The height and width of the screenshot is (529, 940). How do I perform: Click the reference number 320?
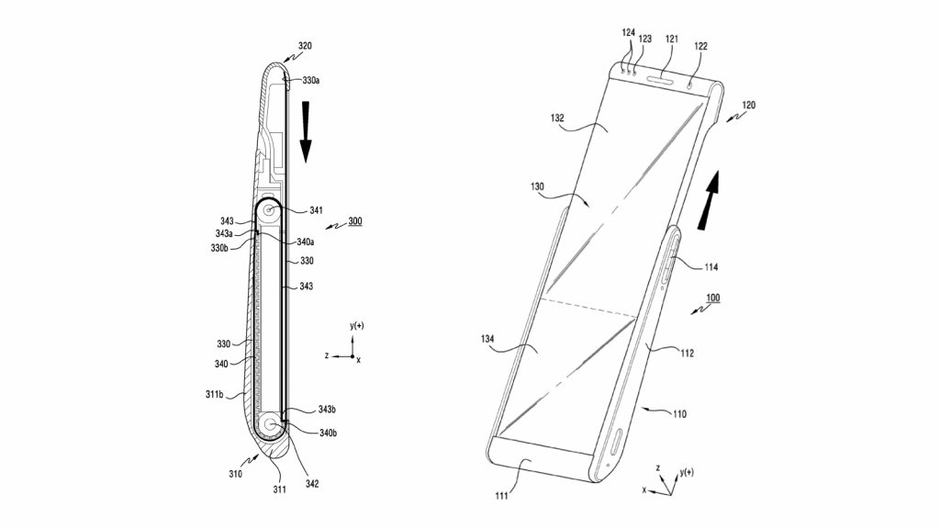click(x=305, y=46)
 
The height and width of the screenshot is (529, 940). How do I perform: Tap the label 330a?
click(x=310, y=80)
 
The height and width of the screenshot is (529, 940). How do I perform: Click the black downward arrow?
click(x=306, y=132)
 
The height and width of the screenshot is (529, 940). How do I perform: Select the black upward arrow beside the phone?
click(x=710, y=199)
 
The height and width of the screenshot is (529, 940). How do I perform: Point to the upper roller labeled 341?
click(x=269, y=210)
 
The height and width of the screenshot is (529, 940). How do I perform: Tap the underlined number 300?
click(x=355, y=221)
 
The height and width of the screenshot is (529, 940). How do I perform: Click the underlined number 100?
click(x=712, y=298)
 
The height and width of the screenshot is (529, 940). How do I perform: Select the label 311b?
click(x=214, y=394)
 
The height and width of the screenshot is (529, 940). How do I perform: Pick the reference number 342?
click(x=312, y=483)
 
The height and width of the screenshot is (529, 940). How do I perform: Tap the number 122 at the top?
click(x=700, y=46)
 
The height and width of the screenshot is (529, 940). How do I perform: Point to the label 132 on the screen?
click(x=557, y=118)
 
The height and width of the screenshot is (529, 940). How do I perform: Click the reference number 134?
click(x=487, y=339)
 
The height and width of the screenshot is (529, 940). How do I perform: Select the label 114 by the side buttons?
click(x=711, y=267)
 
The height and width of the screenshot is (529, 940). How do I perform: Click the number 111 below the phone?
click(x=501, y=495)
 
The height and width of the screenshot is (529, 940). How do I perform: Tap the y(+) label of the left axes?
click(x=357, y=326)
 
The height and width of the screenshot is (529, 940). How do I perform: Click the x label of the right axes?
click(x=644, y=490)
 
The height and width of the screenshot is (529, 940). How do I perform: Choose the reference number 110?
click(x=679, y=414)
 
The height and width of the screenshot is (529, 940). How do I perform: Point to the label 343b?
click(x=327, y=410)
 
